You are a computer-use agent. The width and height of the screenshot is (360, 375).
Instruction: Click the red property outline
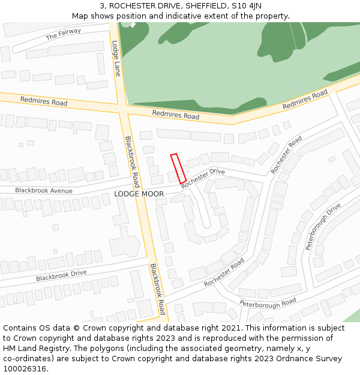pyautogui.click(x=178, y=169)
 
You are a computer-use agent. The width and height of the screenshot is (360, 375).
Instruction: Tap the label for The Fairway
pyautogui.click(x=64, y=35)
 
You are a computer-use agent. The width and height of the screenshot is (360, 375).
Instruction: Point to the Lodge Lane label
pyautogui.click(x=116, y=58)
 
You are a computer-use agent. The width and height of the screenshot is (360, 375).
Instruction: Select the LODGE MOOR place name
pyautogui.click(x=139, y=194)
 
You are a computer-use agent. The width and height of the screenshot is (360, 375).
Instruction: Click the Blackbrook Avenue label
pyautogui.click(x=44, y=191)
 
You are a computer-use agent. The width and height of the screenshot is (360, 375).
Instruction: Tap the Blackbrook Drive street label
pyautogui.click(x=61, y=276)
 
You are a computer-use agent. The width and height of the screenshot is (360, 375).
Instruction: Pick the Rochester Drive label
pyautogui.click(x=203, y=178)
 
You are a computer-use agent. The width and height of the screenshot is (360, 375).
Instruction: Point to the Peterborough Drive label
pyautogui.click(x=323, y=226)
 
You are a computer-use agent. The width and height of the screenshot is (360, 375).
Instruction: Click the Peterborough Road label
pyautogui.click(x=268, y=304)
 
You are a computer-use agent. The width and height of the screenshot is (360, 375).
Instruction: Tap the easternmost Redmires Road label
pyautogui.click(x=305, y=100)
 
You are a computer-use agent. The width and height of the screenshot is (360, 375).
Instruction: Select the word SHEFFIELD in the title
pyautogui.click(x=206, y=6)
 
